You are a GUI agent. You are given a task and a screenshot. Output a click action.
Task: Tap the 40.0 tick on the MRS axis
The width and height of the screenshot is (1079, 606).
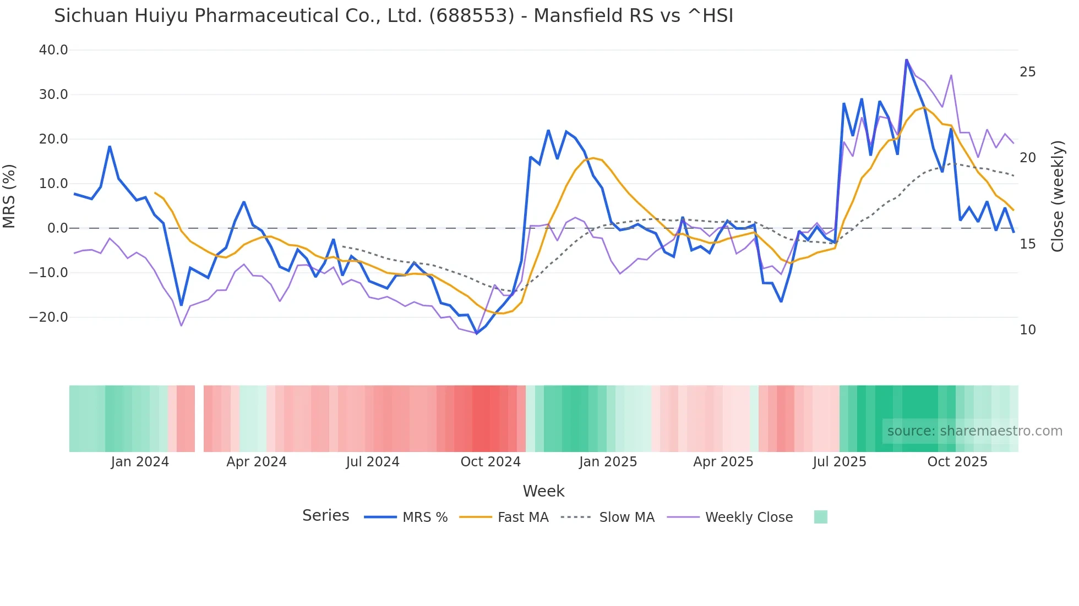pyautogui.click(x=53, y=50)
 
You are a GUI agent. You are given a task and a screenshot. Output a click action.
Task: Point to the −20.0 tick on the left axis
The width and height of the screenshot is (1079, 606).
pyautogui.click(x=48, y=317)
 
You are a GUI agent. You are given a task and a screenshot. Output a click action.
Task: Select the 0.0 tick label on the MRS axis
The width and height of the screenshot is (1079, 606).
pyautogui.click(x=57, y=228)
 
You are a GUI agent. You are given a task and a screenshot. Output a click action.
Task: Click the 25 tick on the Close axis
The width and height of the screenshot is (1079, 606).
pyautogui.click(x=1027, y=72)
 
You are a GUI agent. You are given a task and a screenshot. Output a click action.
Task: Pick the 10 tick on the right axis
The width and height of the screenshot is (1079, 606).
pyautogui.click(x=1027, y=330)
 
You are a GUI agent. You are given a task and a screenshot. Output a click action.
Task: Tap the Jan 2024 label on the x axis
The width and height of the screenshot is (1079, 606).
pyautogui.click(x=140, y=462)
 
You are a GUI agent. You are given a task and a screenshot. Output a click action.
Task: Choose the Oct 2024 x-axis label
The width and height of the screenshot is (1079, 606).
pyautogui.click(x=491, y=462)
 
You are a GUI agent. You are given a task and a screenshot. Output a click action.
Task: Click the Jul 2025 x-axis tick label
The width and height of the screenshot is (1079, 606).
pyautogui.click(x=840, y=462)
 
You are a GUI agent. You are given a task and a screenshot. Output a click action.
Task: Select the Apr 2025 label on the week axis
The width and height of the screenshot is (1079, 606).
pyautogui.click(x=723, y=462)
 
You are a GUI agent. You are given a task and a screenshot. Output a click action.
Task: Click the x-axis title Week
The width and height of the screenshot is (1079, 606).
pyautogui.click(x=543, y=491)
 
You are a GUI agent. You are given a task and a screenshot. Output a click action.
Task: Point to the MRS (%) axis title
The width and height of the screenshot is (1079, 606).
pyautogui.click(x=9, y=196)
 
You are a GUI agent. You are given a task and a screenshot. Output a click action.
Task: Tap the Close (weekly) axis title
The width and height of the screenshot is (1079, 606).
pyautogui.click(x=1058, y=196)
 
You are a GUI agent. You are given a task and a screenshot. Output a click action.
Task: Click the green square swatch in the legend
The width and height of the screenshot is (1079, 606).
pyautogui.click(x=820, y=517)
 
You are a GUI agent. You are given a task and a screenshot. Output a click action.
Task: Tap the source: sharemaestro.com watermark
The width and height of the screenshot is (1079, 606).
pyautogui.click(x=974, y=431)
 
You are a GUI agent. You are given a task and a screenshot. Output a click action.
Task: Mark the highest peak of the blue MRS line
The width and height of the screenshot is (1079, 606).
pyautogui.click(x=906, y=60)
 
